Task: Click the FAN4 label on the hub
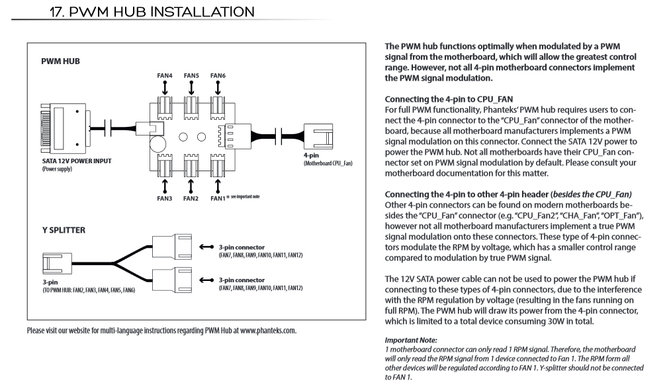click(x=165, y=76)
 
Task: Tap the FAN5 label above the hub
click(x=191, y=76)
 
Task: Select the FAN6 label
click(x=218, y=76)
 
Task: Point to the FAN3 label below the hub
click(x=165, y=198)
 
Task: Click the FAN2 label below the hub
click(x=191, y=198)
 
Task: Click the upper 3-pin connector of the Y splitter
click(x=170, y=249)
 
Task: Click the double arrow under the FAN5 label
click(x=191, y=88)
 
